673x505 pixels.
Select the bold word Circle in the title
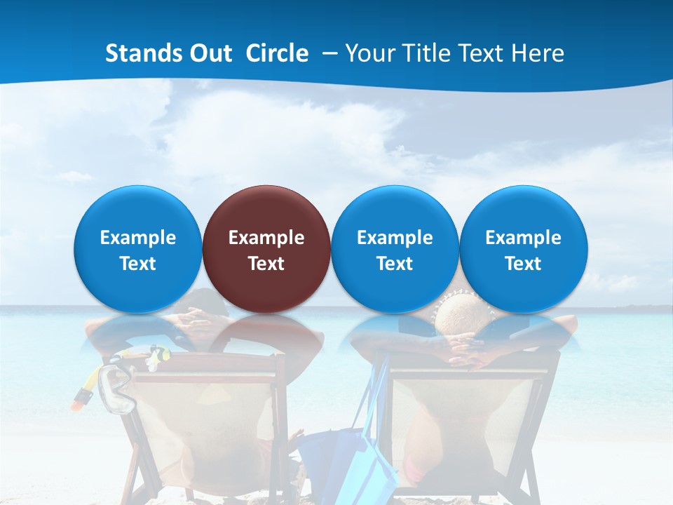pos(277,53)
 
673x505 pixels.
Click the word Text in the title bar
pos(484,53)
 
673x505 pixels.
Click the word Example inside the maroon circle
pos(266,238)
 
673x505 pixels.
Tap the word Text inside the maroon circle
pos(266,264)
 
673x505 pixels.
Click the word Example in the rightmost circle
pos(524,238)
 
